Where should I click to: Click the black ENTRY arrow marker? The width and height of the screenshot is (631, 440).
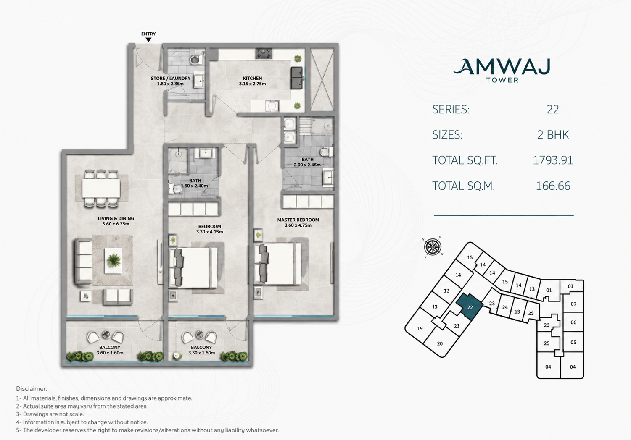[148, 40]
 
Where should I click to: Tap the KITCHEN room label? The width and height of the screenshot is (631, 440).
[252, 78]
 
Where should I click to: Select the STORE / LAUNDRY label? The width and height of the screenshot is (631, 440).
[170, 78]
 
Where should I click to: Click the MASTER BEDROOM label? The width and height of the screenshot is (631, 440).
[298, 220]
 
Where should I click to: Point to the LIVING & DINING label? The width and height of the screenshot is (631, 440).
[116, 218]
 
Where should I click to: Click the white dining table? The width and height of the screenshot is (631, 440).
[101, 189]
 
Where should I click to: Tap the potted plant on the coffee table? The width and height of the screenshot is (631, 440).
[114, 260]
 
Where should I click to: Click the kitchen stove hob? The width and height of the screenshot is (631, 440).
[264, 53]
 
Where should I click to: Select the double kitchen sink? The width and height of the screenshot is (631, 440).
[296, 78]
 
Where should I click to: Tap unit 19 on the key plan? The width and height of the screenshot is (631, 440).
[420, 328]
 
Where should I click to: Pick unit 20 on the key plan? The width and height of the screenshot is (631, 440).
[440, 343]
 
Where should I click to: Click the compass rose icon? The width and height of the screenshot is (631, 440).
[433, 246]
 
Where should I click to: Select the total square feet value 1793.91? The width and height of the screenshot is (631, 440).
[553, 160]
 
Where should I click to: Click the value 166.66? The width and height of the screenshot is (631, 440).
[553, 186]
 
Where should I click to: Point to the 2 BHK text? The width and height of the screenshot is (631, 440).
[553, 135]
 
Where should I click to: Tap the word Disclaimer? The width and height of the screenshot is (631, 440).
[32, 388]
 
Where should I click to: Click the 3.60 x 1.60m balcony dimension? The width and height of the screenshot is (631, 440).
[110, 353]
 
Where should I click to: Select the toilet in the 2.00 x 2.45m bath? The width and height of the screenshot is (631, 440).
[327, 152]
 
